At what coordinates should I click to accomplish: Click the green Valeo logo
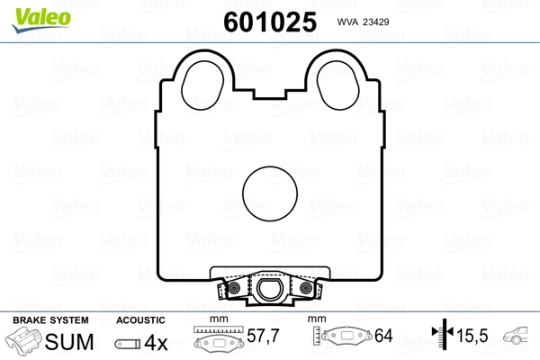(x=41, y=20)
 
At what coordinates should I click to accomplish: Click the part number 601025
(x=270, y=22)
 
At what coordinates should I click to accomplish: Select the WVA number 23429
(x=375, y=22)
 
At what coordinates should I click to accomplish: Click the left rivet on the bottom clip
(x=233, y=288)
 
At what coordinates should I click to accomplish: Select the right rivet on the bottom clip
(x=306, y=288)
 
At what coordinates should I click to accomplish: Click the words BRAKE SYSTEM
(x=50, y=320)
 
